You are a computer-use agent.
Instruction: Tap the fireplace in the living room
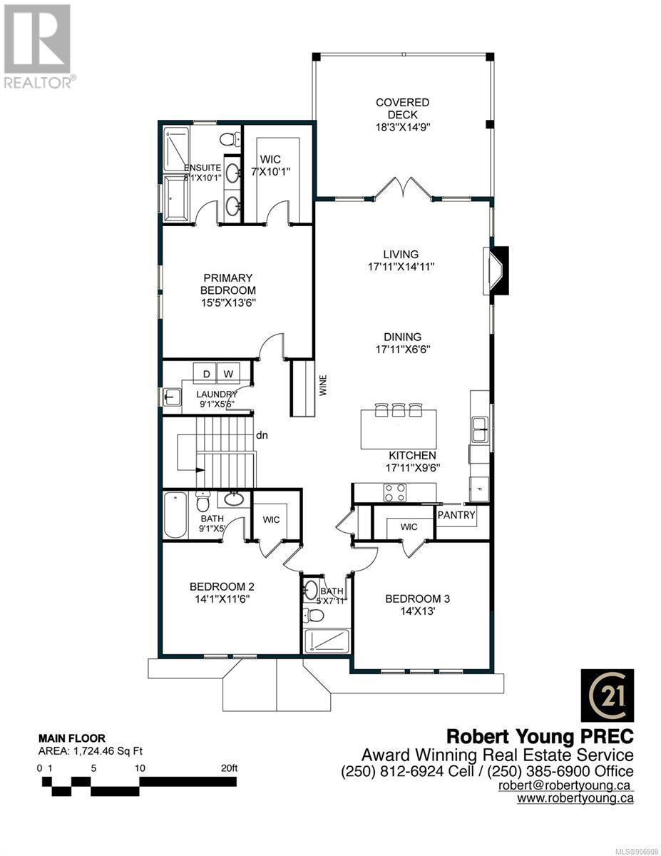[x=496, y=270]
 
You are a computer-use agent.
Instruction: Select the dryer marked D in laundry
[x=206, y=374]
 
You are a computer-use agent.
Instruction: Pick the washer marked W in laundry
[x=228, y=374]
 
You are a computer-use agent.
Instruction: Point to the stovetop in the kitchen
[x=395, y=492]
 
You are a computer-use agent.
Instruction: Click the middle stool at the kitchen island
[x=398, y=409]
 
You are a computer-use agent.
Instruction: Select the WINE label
[x=323, y=385]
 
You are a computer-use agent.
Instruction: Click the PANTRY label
[x=456, y=514]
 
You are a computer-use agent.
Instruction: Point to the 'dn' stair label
[x=262, y=435]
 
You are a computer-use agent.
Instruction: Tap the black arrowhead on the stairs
[x=200, y=469]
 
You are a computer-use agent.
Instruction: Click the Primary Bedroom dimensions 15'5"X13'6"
[x=228, y=302]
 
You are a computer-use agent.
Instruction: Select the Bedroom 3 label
[x=417, y=598]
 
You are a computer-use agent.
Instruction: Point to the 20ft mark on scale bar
[x=230, y=768]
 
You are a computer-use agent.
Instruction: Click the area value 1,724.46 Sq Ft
[x=108, y=750]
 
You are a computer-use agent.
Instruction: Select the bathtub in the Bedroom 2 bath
[x=175, y=516]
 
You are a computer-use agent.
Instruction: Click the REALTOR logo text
[x=38, y=83]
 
